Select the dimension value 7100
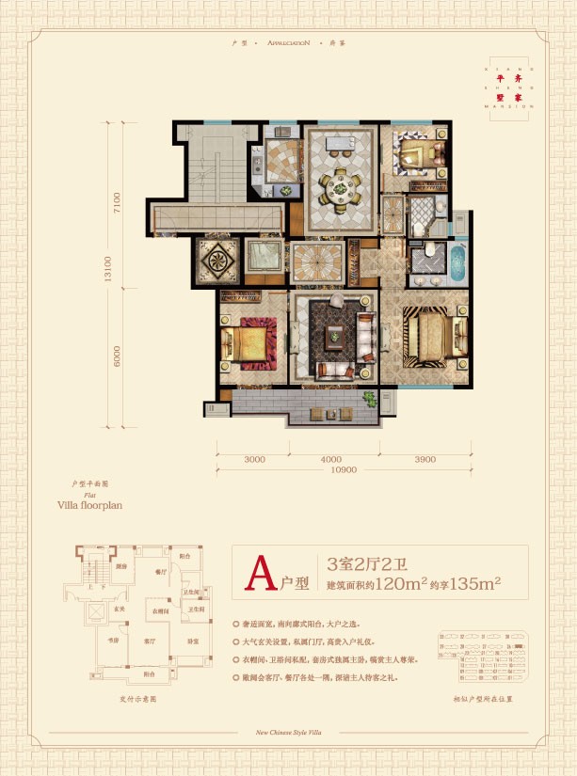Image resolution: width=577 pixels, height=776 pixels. pos(118,204)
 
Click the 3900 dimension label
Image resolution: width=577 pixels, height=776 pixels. pos(425,459)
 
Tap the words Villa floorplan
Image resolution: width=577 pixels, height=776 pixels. pos(90,504)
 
